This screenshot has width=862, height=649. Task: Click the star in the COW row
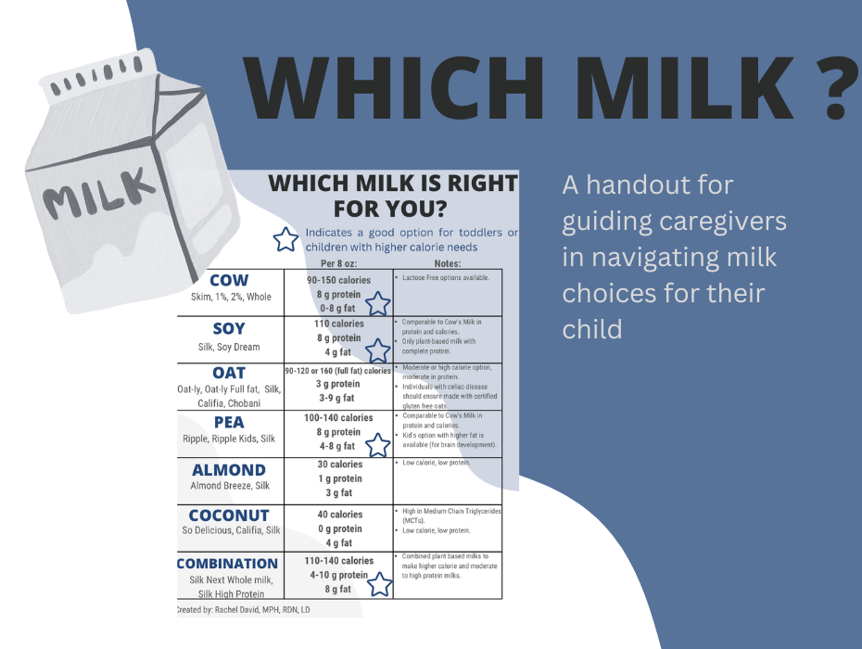pyautogui.click(x=377, y=304)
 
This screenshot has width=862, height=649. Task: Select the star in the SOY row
pyautogui.click(x=377, y=350)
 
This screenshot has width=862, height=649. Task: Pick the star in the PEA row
pyautogui.click(x=377, y=446)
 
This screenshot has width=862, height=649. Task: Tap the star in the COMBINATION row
pyautogui.click(x=379, y=585)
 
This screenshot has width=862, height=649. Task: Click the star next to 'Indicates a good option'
pyautogui.click(x=286, y=240)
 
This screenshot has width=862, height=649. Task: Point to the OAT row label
pyautogui.click(x=229, y=374)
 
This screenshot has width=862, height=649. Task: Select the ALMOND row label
pyautogui.click(x=228, y=470)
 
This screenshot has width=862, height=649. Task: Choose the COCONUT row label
pyautogui.click(x=229, y=515)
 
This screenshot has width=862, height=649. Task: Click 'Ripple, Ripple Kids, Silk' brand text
pyautogui.click(x=229, y=439)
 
